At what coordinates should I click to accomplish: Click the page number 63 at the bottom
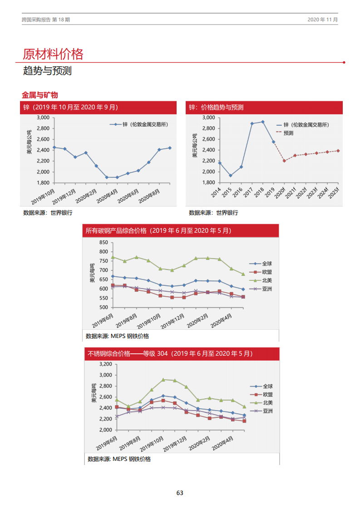tap(180, 493)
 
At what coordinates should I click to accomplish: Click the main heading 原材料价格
tap(53, 54)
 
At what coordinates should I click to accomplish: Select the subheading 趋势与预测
tap(47, 71)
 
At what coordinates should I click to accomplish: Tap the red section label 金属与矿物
tap(40, 95)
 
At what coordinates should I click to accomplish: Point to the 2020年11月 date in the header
tap(322, 20)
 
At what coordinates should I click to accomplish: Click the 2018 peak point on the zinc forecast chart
tap(263, 122)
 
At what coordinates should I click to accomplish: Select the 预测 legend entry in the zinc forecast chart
tap(288, 133)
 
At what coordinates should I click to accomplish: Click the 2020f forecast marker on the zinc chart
tap(284, 161)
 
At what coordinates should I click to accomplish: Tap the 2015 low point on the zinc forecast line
tap(230, 176)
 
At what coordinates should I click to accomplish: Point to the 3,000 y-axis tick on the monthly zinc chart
tap(43, 117)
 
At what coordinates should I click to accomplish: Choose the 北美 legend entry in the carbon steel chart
tap(267, 280)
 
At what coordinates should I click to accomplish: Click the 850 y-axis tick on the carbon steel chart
tap(103, 243)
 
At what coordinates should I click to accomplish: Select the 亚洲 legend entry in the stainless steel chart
tap(267, 411)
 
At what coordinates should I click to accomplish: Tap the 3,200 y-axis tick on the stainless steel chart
tap(105, 364)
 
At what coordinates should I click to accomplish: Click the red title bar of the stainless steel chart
tap(182, 353)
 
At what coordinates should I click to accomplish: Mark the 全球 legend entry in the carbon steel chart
tap(267, 264)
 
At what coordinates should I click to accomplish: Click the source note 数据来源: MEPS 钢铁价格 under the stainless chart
tap(119, 459)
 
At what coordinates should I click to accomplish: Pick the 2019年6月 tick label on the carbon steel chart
tap(103, 320)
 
